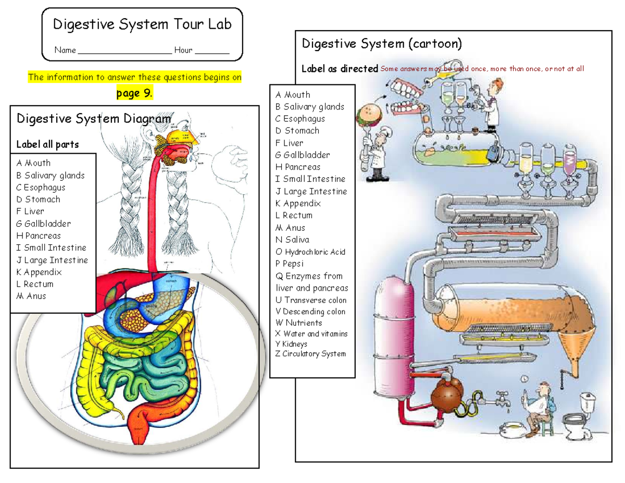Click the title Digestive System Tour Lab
point(142,24)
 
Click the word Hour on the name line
point(183,51)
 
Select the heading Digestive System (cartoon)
point(382,44)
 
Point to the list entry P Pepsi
point(290,264)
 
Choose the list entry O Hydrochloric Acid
point(310,252)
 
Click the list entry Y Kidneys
point(291,344)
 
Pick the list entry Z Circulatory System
point(310,354)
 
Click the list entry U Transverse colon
point(311,300)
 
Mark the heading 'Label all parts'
point(48,144)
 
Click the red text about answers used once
point(482,69)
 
